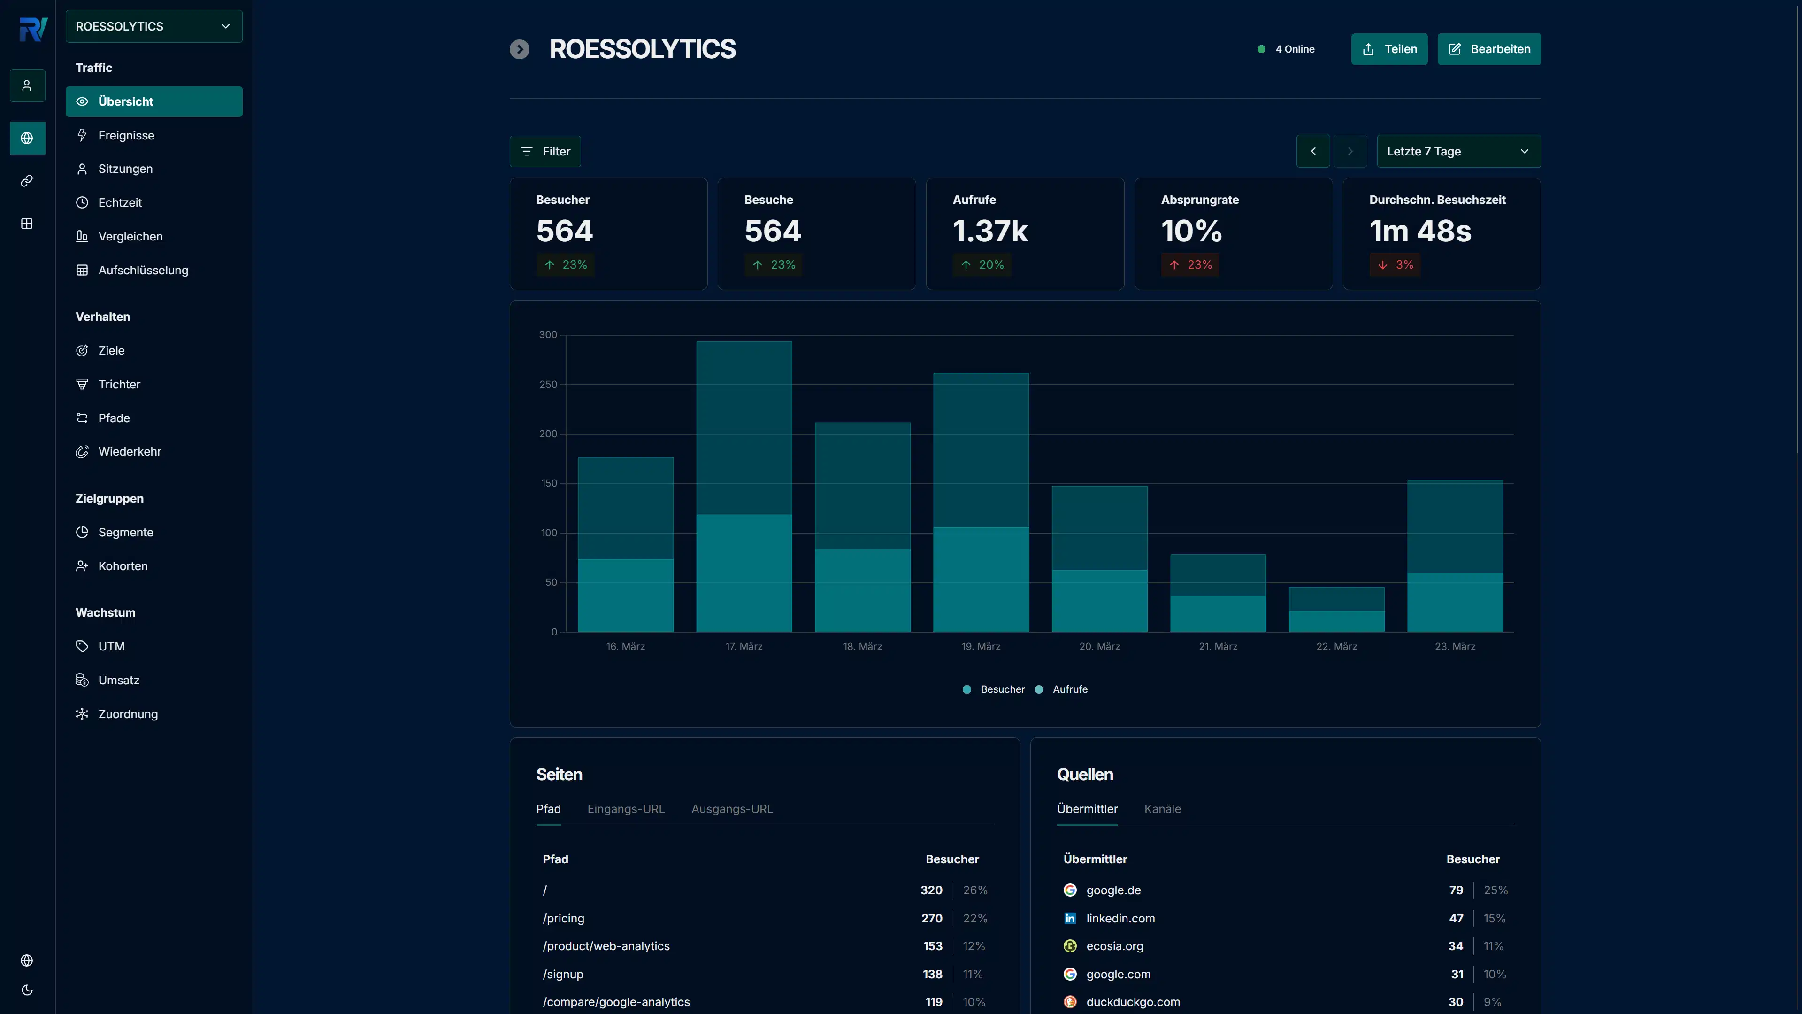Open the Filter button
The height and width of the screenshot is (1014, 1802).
coord(545,151)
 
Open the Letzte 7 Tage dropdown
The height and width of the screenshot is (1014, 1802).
coord(1458,151)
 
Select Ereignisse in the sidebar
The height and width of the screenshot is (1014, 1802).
coord(126,135)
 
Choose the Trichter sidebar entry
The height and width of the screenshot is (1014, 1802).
coord(119,384)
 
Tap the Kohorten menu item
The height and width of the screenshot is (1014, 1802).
coord(123,566)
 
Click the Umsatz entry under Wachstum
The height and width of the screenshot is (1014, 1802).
coord(118,680)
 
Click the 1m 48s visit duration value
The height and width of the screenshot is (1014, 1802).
coord(1419,232)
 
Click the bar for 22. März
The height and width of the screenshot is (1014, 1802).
coord(1336,609)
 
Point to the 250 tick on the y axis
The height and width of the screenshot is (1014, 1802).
coord(548,385)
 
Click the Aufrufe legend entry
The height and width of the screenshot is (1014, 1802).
coord(1069,689)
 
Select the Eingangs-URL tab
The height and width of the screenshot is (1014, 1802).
coord(625,809)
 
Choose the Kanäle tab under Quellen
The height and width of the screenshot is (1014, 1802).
coord(1162,809)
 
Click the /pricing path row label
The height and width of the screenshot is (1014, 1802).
coord(563,918)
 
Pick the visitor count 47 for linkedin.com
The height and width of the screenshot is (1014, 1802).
coord(1456,918)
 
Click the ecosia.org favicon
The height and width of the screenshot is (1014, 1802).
coord(1070,946)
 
